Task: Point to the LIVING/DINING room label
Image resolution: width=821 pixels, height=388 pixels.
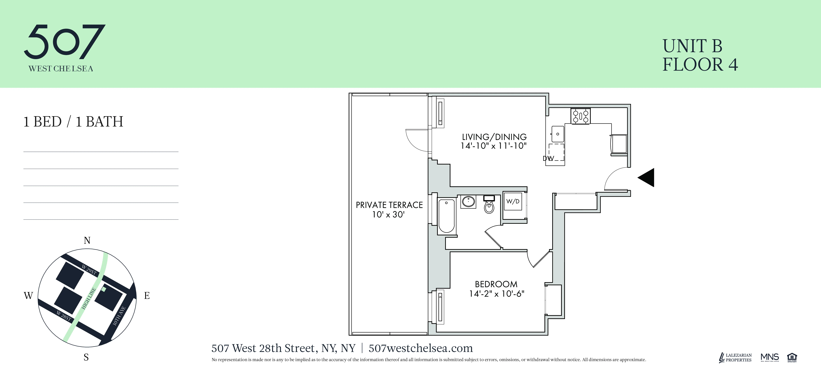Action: tap(494, 137)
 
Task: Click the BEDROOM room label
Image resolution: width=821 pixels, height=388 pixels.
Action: tap(496, 284)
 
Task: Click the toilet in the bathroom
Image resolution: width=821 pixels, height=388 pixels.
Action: tap(489, 205)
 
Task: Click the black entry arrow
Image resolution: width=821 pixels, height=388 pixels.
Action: tap(647, 177)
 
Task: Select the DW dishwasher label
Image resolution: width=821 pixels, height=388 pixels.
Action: tap(548, 158)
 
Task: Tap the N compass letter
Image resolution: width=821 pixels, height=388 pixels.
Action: tap(87, 240)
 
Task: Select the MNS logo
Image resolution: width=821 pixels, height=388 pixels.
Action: tap(769, 357)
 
